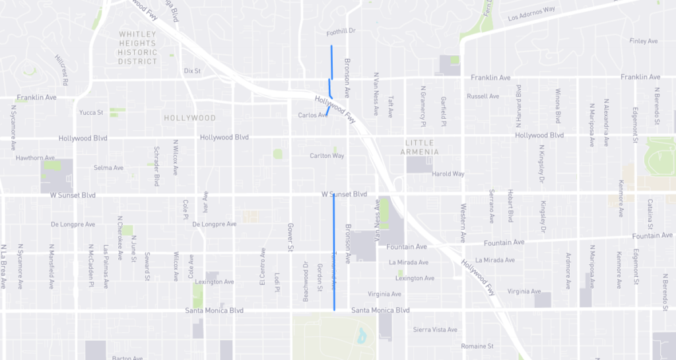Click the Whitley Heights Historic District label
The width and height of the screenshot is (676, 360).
click(x=138, y=48)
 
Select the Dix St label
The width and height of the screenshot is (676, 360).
click(x=192, y=70)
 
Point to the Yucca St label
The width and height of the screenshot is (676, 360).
click(x=91, y=113)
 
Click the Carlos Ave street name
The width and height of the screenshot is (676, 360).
click(x=312, y=115)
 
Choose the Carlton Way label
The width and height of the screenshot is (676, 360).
click(x=327, y=156)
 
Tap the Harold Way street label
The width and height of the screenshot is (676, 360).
click(x=448, y=174)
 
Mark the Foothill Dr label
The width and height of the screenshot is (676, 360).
click(x=341, y=32)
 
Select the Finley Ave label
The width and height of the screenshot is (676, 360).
click(x=644, y=41)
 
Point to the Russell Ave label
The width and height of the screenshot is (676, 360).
click(x=483, y=96)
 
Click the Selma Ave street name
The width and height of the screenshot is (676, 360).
click(x=109, y=168)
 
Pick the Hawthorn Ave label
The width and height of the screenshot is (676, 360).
click(x=35, y=158)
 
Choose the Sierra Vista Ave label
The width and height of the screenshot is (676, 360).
click(x=435, y=330)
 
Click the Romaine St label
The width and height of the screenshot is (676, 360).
click(x=477, y=346)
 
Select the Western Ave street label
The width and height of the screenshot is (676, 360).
click(x=462, y=229)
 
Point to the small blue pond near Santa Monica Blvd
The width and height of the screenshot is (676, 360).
click(x=361, y=336)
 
